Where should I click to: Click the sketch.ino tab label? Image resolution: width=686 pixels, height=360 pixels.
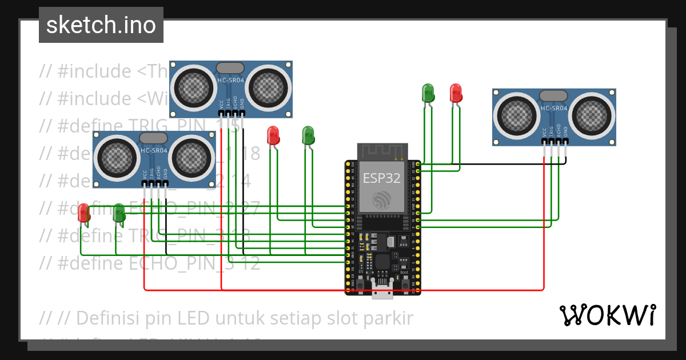point(101,25)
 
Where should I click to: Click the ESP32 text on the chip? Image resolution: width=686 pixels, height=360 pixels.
point(381,178)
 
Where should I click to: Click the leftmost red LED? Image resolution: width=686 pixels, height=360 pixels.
point(84,213)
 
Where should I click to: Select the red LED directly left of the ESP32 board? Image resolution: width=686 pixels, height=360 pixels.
point(273,135)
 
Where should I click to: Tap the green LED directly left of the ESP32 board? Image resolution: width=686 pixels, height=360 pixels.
point(308,135)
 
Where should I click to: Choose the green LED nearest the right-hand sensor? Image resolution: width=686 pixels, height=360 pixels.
point(428,93)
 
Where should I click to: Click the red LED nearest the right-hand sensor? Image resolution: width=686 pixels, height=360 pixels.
point(456,93)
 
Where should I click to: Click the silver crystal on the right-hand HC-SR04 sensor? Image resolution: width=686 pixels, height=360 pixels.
point(553,95)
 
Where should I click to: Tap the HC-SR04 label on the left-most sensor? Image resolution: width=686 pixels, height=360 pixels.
point(154,151)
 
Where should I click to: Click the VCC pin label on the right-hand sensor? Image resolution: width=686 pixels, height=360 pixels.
point(544,133)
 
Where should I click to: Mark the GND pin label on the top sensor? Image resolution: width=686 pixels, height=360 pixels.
point(242,103)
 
